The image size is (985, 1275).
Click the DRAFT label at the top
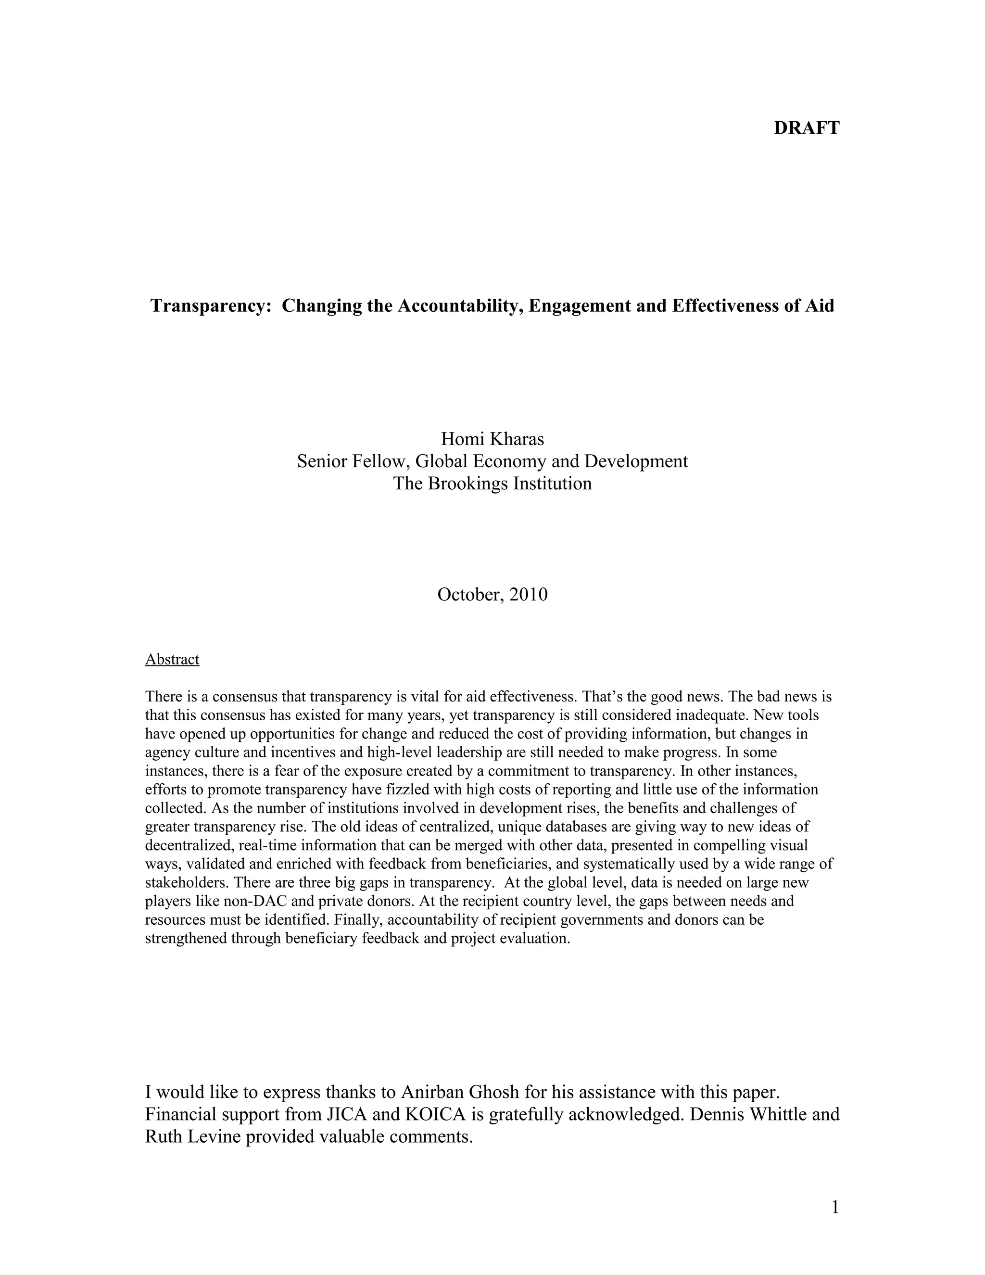[807, 128]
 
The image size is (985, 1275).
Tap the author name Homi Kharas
[492, 438]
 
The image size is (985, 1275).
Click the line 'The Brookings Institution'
[492, 484]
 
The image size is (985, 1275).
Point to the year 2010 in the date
[528, 594]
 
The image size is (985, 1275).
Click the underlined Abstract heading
[172, 659]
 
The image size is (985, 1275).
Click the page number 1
[834, 1207]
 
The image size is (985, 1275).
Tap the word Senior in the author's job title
[322, 461]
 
